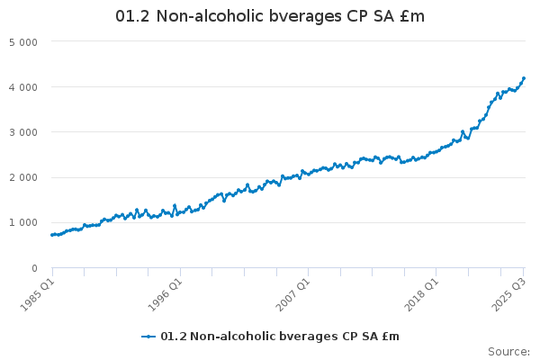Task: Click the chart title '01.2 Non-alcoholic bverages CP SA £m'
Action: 270,17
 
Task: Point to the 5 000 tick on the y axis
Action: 22,42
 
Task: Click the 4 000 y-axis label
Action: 22,87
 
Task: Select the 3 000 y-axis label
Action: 22,132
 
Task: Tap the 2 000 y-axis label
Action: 22,177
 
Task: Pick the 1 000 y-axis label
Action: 22,222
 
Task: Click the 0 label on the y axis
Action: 33,267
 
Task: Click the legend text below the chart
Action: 279,337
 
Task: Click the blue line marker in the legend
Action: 148,337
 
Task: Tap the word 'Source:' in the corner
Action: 508,351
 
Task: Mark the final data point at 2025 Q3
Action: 524,78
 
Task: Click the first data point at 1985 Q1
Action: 52,235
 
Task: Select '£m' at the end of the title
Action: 412,17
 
